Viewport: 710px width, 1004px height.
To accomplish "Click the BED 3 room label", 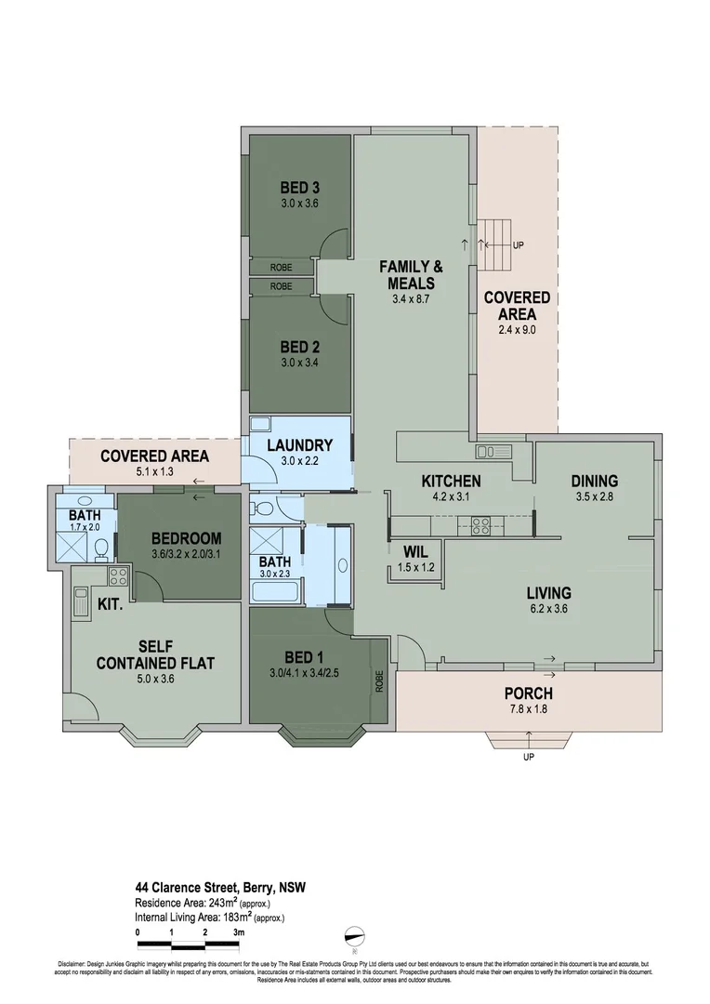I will click(299, 188).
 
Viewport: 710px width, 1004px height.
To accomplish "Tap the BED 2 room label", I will click(299, 346).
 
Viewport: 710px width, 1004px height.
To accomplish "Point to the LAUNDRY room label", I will click(299, 444).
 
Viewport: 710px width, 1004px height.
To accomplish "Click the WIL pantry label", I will click(414, 551).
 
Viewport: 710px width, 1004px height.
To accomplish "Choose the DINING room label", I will click(594, 481).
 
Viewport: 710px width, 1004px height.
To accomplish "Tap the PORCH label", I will click(528, 693).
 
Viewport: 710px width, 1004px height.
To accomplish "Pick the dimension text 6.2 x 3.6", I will click(548, 609).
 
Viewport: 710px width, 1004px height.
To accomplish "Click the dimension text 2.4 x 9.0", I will click(518, 328).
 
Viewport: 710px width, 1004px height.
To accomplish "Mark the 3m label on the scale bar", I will click(239, 931).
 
